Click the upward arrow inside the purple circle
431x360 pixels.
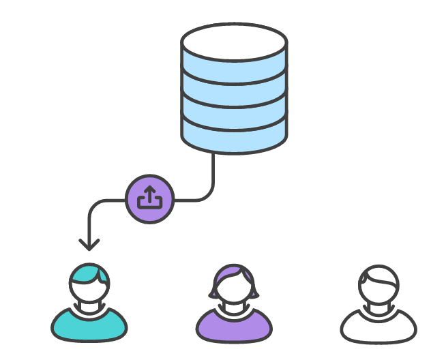point(150,194)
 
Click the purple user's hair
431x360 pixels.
point(234,274)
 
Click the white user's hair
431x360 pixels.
point(379,274)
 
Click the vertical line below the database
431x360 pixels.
point(214,174)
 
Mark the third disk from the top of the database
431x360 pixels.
point(233,112)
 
